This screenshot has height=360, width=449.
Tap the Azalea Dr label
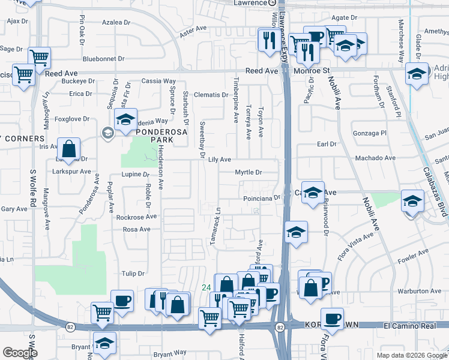116,22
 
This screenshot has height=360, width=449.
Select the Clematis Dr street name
211,94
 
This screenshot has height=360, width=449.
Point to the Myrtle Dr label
249,172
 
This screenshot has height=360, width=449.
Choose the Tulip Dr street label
133,273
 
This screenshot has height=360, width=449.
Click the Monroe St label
313,70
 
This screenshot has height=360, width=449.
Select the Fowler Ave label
412,262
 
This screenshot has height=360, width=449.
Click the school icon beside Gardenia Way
125,119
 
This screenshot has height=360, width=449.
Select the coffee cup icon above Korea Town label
332,319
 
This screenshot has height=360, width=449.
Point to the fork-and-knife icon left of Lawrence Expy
267,39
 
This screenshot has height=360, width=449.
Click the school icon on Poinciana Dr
312,193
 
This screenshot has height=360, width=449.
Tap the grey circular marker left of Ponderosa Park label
108,133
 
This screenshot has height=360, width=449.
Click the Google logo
20,353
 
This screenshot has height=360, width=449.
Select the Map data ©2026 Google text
411,355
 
